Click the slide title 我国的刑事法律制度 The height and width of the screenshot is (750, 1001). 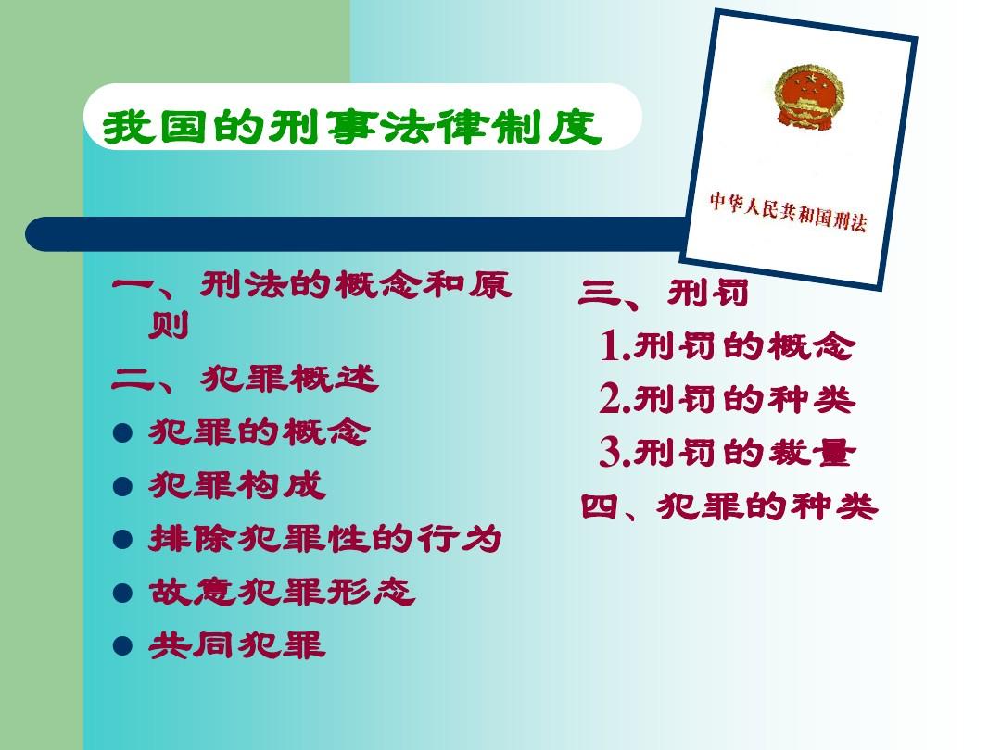(352, 129)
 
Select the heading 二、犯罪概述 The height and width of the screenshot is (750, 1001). (245, 380)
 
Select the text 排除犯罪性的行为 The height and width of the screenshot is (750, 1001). (325, 539)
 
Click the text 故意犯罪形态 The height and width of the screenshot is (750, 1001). (282, 593)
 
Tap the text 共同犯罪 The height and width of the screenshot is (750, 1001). (237, 646)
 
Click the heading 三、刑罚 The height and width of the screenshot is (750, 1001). (664, 294)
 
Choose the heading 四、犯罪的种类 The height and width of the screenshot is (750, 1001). (729, 507)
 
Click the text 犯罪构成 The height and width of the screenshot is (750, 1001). (237, 486)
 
